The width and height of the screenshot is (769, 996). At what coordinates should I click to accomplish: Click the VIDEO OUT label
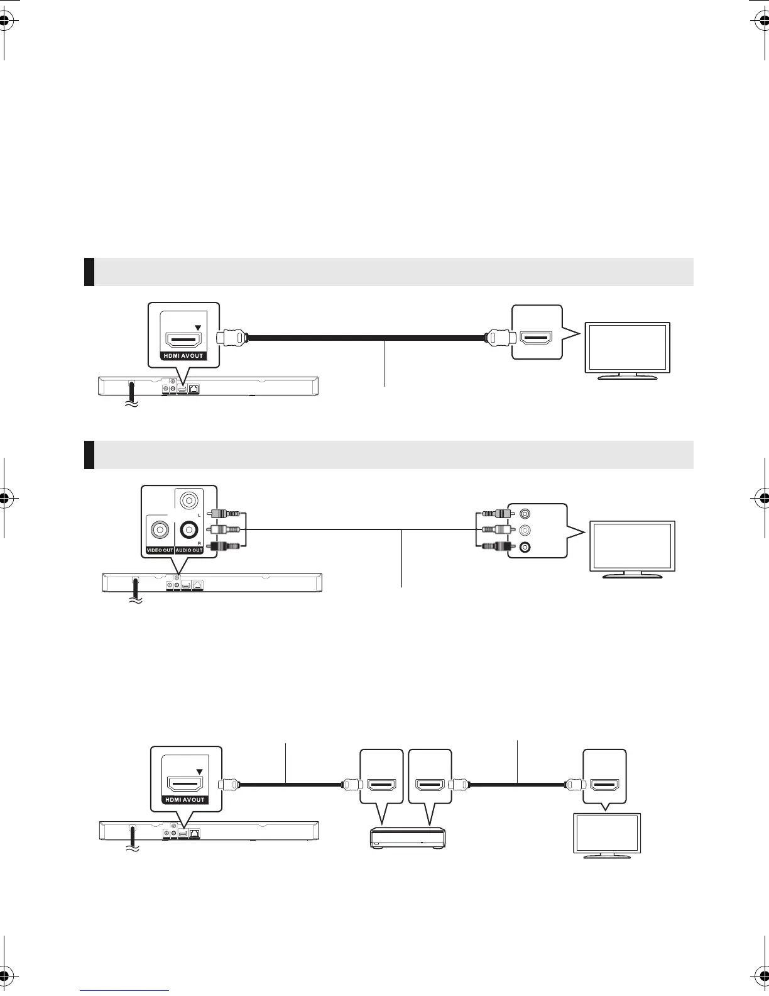[x=160, y=550]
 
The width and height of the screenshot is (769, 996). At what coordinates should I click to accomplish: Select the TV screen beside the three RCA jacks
[x=631, y=544]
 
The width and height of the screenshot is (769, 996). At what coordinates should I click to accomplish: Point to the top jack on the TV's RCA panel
[x=525, y=513]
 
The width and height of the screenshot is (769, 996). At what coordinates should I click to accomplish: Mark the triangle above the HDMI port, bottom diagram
[x=200, y=772]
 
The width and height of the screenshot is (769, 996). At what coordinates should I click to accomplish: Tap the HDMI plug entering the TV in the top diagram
[x=499, y=338]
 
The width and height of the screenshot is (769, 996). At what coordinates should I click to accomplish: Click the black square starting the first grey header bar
[x=89, y=272]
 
